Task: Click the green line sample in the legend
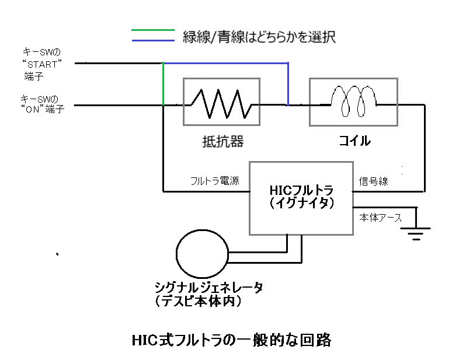[x=152, y=30]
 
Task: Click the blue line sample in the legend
[x=152, y=41]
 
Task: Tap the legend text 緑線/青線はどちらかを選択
[x=260, y=37]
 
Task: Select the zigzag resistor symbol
[x=221, y=104]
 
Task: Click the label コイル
[x=354, y=142]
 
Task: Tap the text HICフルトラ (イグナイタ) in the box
[x=301, y=197]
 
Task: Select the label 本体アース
[x=380, y=217]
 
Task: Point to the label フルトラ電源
[x=214, y=181]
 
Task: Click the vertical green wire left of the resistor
[x=163, y=84]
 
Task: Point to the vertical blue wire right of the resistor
[x=288, y=84]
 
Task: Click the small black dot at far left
[x=57, y=254]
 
